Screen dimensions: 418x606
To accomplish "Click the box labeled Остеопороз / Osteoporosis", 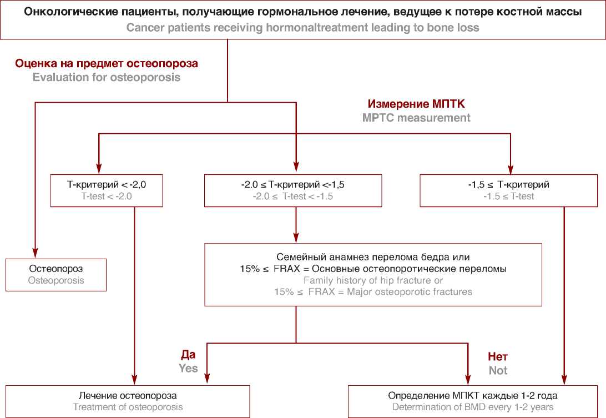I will tap(56, 274).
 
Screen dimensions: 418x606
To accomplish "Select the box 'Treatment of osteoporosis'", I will tap(128, 401).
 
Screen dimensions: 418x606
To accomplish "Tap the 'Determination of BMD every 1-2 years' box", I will tap(472, 401).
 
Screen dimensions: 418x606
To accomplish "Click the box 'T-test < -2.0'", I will tap(106, 190).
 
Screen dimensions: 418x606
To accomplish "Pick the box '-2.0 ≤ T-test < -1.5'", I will tap(292, 190).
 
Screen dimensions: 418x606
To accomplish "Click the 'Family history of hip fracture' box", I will tap(373, 274).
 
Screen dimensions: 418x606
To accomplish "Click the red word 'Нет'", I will tap(498, 356).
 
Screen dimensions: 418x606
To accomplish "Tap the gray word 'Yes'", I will tap(188, 368).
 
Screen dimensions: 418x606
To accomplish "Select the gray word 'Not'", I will tap(498, 370).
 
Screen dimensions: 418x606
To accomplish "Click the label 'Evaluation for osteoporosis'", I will tap(107, 78).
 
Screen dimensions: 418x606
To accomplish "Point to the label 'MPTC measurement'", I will tap(416, 118).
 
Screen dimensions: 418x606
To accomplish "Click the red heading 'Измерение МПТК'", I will tap(416, 104).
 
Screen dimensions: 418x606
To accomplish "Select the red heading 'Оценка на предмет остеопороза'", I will tap(107, 64).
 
